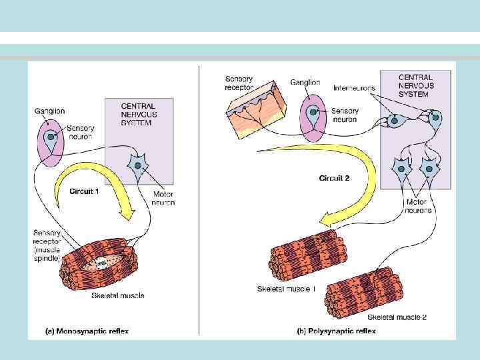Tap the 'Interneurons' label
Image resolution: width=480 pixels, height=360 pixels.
pos(354,87)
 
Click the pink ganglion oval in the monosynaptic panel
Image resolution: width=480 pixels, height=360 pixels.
pos(51,141)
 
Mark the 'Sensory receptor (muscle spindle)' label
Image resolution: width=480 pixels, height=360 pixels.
pos(47,245)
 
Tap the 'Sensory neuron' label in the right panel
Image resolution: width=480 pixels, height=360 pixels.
pos(345,115)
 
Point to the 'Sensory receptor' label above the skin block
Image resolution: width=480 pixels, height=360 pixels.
pos(239,83)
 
